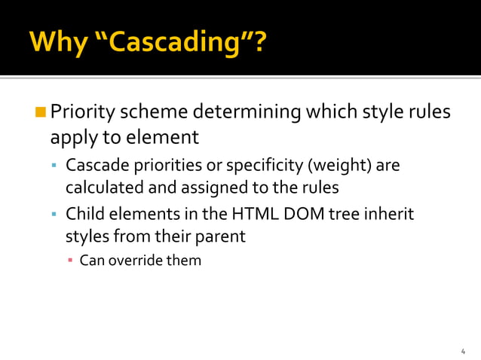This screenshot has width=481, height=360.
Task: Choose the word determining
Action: point(247,113)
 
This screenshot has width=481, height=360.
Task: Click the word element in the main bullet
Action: point(162,138)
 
